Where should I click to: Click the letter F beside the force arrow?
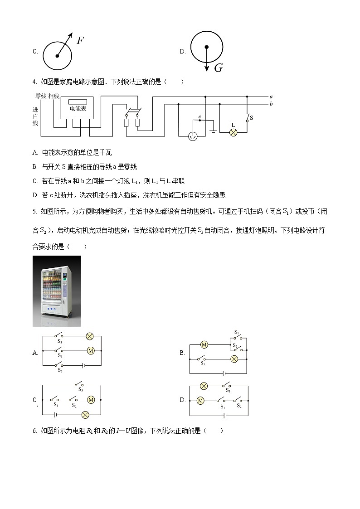click(80, 40)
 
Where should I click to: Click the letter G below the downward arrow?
click(218, 68)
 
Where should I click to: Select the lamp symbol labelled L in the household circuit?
click(234, 132)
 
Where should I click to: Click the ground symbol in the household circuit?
click(213, 132)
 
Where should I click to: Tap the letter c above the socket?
click(199, 117)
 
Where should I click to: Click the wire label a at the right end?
click(271, 97)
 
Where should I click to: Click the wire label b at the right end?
click(271, 104)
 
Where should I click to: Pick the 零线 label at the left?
click(41, 96)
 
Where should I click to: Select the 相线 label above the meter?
click(54, 96)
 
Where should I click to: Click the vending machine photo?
click(57, 291)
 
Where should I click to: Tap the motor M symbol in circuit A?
click(90, 350)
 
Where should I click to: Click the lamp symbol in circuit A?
click(90, 336)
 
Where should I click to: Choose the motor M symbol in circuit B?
click(204, 345)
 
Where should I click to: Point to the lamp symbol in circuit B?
click(234, 359)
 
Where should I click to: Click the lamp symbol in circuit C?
click(85, 415)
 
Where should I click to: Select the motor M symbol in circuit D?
click(200, 401)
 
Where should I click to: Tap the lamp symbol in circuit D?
click(204, 386)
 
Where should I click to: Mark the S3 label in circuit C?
click(81, 389)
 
